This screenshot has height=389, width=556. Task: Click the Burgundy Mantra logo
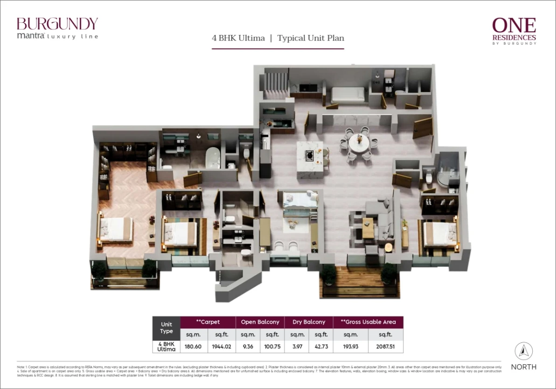pyautogui.click(x=57, y=28)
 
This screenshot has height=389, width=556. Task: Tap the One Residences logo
pyautogui.click(x=514, y=31)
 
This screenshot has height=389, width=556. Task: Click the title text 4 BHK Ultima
pyautogui.click(x=238, y=38)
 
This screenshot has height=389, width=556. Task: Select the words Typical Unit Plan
pyautogui.click(x=311, y=38)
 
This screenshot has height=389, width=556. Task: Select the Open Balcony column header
pyautogui.click(x=260, y=322)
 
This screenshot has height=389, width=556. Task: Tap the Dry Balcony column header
pyautogui.click(x=309, y=322)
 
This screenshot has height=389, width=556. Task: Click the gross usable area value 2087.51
pyautogui.click(x=385, y=347)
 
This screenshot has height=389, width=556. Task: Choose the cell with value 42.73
pyautogui.click(x=321, y=347)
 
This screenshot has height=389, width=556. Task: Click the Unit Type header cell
pyautogui.click(x=167, y=328)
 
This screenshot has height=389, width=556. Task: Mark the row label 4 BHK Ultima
pyautogui.click(x=167, y=347)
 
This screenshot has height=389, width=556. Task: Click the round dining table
pyautogui.click(x=359, y=143)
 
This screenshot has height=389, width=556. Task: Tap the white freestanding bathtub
pyautogui.click(x=213, y=157)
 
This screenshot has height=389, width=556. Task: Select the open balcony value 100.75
pyautogui.click(x=272, y=347)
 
